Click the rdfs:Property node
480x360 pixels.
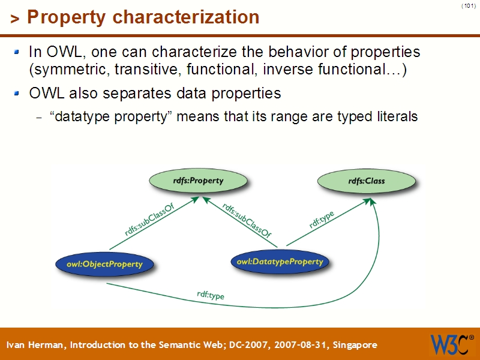pos(198,181)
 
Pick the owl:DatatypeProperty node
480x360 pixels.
pos(280,262)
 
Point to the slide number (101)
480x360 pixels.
pos(468,6)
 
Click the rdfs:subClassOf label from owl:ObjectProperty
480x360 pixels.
pos(150,220)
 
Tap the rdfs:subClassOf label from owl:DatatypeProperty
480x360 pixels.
pos(247,220)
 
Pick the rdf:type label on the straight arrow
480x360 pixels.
pos(322,220)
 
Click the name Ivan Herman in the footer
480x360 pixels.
pos(37,345)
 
